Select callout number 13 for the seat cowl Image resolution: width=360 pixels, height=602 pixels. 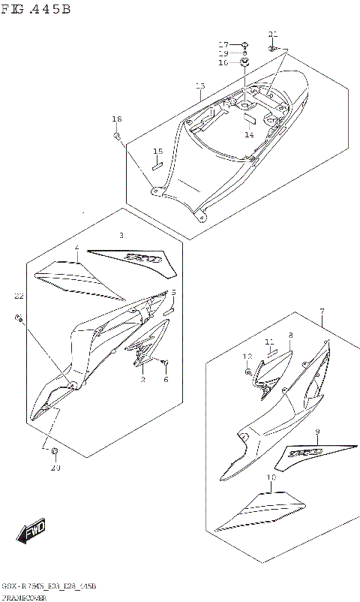199,86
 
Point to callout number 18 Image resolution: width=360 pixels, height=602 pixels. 116,119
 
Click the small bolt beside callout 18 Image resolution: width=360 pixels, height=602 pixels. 118,136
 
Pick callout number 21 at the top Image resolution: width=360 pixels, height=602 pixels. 272,34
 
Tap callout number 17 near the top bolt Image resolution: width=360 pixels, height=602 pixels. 223,44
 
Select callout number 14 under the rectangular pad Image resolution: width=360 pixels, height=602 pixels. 250,135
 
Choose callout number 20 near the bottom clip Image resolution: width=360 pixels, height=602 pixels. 54,468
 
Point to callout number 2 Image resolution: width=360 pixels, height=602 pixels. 142,379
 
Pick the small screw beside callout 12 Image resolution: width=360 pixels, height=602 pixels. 247,371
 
